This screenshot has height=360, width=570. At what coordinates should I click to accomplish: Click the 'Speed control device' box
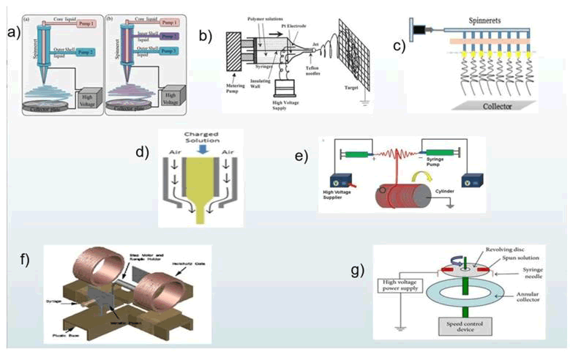click(464, 326)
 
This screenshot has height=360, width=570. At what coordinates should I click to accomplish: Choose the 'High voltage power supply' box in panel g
click(405, 286)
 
